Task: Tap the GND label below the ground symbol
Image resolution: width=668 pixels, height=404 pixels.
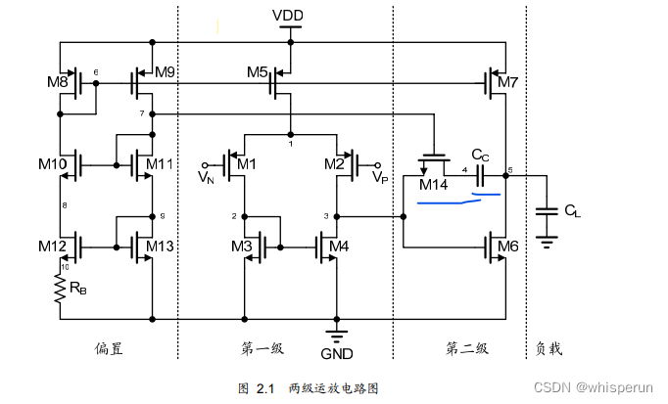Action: point(336,354)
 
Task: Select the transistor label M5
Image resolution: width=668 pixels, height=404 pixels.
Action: point(258,71)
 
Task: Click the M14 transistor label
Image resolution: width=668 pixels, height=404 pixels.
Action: point(433,185)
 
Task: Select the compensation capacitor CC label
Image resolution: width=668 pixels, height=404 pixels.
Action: point(480,155)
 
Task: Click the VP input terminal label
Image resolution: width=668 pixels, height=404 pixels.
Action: point(380,178)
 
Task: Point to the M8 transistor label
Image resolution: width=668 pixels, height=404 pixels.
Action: point(57,82)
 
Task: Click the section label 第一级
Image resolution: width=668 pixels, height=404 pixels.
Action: point(260,348)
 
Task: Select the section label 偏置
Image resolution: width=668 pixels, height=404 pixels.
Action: point(109,348)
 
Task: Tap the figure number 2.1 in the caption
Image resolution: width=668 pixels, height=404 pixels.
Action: point(262,388)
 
